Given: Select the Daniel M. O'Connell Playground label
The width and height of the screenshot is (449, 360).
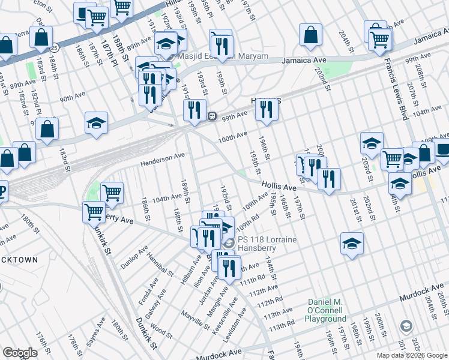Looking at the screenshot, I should pyautogui.click(x=325, y=306).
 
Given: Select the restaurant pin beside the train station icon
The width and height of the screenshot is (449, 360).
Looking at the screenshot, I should pyautogui.click(x=194, y=110).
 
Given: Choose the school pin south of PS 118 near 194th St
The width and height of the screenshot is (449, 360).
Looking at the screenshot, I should pyautogui.click(x=352, y=245).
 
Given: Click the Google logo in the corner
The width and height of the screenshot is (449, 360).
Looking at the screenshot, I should pyautogui.click(x=20, y=353).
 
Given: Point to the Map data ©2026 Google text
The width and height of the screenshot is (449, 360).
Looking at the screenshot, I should pyautogui.click(x=411, y=355).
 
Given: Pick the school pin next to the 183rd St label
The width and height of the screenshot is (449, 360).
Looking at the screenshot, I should pyautogui.click(x=96, y=123).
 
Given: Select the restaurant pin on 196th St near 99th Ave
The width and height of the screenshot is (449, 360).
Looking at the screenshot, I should pyautogui.click(x=265, y=110).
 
